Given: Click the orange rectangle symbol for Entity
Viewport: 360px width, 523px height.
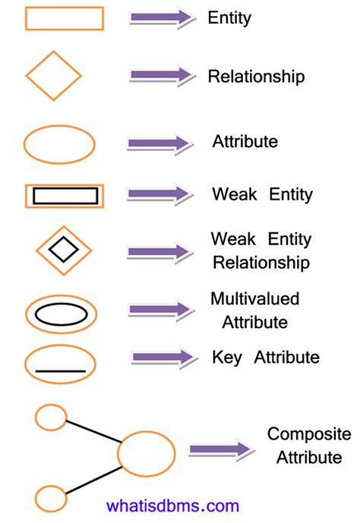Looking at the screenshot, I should pos(64,18).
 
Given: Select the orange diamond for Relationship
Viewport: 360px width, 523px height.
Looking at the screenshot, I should pos(53,76).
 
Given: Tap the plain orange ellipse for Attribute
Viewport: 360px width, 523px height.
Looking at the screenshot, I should pos(59,144).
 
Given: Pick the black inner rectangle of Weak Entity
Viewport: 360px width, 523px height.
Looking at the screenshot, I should pos(65,196).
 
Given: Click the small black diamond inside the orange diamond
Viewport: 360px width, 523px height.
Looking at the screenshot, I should pos(63,247).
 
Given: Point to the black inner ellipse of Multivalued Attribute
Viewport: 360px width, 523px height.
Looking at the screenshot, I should pos(61,313).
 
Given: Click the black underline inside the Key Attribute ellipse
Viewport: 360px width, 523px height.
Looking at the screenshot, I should pos(61,370).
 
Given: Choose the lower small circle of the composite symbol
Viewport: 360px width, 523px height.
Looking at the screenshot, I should pos(51,499).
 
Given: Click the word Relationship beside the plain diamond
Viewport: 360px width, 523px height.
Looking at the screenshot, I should pos(256,77).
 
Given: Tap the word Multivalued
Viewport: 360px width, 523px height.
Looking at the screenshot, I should pos(254,298).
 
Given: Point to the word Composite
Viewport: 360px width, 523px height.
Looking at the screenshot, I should pos(309,434).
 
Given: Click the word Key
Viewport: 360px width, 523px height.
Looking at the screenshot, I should pos(228,357).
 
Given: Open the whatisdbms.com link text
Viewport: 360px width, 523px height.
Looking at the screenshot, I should pos(173,506).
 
